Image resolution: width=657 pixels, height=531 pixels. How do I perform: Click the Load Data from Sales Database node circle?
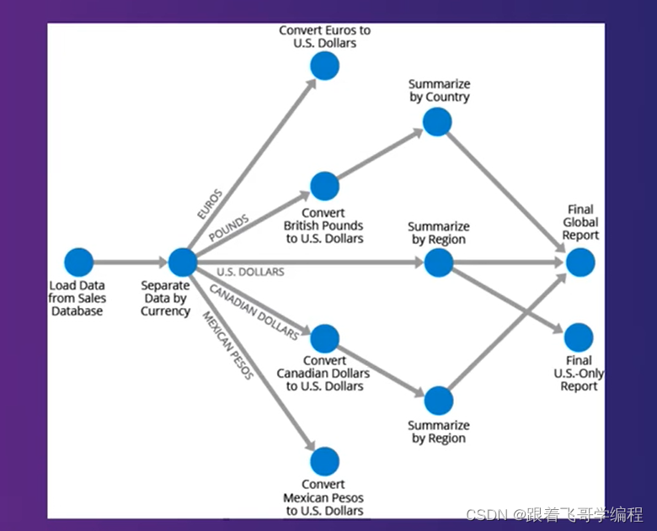78,263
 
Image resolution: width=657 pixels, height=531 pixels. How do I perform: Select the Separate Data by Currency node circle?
183,263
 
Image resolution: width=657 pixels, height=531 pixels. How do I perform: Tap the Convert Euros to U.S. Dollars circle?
324,66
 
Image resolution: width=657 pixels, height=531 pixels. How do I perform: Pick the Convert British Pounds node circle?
324,186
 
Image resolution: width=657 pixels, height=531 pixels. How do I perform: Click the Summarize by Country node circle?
437,122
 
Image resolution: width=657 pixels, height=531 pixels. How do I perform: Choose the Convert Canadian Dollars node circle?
324,338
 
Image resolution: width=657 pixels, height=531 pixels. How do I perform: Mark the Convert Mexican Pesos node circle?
324,461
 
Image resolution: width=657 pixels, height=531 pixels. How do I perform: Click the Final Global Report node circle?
580,263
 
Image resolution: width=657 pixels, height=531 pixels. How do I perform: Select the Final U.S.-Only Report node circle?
579,337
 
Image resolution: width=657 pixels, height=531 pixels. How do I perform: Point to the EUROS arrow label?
209,204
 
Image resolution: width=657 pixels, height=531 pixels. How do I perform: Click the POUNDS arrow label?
228,228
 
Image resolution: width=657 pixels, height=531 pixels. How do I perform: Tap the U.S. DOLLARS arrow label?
250,272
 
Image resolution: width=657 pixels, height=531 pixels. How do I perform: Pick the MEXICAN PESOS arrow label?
227,345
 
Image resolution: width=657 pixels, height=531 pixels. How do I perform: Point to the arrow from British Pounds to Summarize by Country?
379,155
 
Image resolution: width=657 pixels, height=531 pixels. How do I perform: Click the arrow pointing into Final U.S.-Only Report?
514,303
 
